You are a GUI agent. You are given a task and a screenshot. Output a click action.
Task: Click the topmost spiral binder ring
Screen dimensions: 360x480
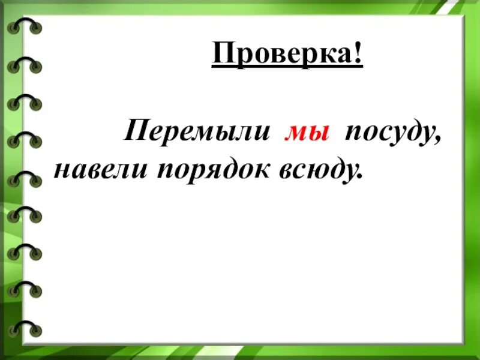coord(25,26)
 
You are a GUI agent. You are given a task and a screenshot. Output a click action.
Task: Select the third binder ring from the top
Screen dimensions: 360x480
coord(25,101)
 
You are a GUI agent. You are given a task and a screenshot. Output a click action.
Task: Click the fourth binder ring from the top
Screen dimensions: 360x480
coord(25,139)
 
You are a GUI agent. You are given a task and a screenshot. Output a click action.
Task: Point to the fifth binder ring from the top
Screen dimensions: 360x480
coord(25,177)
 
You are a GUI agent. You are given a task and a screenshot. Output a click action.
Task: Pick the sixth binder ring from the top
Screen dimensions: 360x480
coord(25,214)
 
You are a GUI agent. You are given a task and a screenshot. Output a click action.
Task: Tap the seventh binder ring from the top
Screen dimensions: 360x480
coord(25,252)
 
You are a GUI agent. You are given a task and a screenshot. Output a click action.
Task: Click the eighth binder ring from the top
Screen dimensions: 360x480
coord(25,290)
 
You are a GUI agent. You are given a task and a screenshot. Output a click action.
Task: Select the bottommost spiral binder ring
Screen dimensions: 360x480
coord(25,328)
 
